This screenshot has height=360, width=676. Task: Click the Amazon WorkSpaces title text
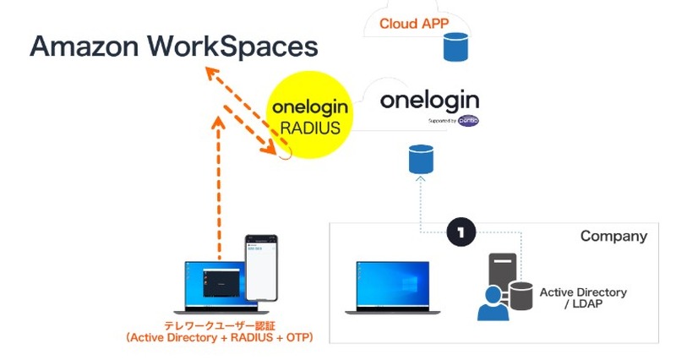tap(173, 46)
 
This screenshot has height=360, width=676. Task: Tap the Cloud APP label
tap(412, 24)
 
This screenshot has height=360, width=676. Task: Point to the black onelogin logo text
tap(429, 101)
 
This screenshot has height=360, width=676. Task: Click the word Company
tap(613, 236)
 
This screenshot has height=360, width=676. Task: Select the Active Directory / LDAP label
tap(583, 297)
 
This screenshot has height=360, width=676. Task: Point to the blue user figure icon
tap(493, 303)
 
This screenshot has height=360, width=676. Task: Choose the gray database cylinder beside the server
tap(521, 295)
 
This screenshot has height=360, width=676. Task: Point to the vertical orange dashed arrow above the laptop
tap(218, 186)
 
